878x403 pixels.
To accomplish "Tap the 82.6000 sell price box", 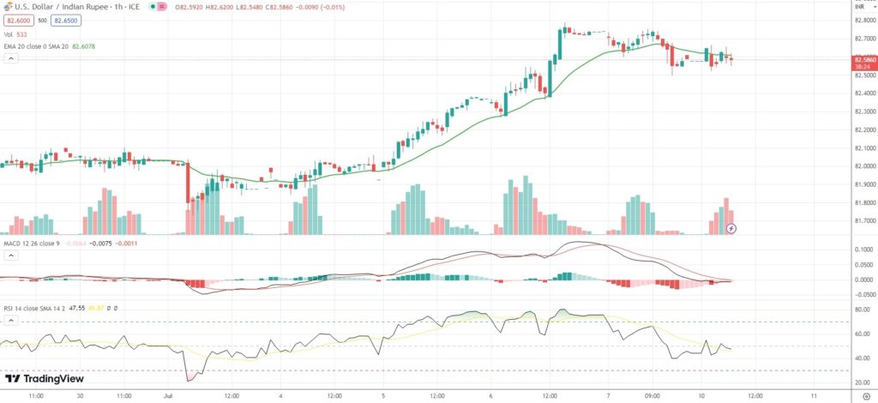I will click(17, 20).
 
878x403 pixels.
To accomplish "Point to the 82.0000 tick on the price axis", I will click(862, 166).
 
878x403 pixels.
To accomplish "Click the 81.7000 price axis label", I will click(862, 221).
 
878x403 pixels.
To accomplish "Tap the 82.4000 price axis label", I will click(862, 93).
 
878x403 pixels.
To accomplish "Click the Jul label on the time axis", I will click(169, 397).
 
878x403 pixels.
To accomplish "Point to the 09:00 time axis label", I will click(652, 397).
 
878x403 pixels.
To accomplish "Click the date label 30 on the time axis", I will click(80, 397).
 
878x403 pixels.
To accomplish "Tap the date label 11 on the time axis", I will click(813, 397).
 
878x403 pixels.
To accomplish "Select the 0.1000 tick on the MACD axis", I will click(862, 250).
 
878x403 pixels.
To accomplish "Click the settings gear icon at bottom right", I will click(865, 397).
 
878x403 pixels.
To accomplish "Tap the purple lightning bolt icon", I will click(731, 228).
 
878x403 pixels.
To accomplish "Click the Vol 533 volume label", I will click(15, 34).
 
